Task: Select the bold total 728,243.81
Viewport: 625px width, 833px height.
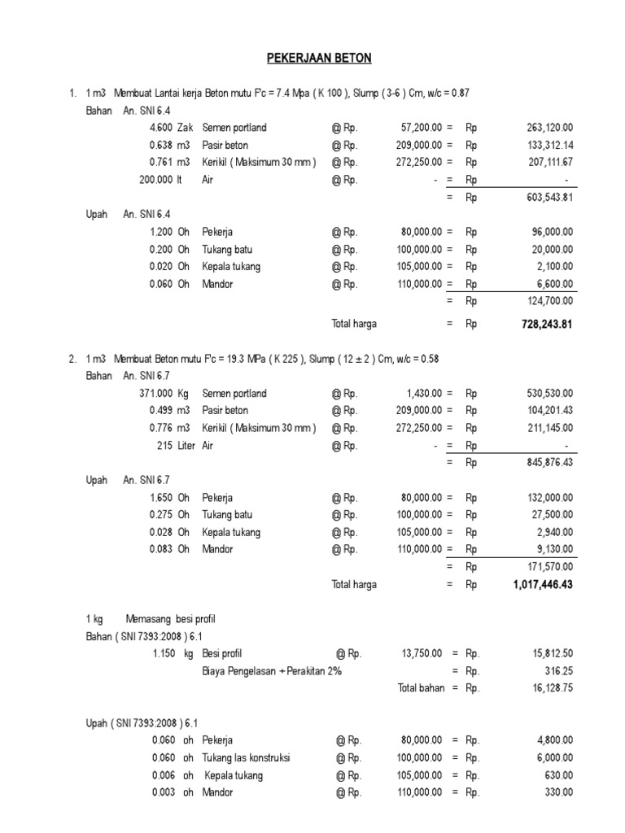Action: tap(543, 324)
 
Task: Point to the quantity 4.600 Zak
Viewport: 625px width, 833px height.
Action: tap(171, 128)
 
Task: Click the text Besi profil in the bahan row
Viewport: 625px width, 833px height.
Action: tap(222, 653)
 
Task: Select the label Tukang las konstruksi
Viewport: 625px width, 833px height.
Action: tap(246, 758)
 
